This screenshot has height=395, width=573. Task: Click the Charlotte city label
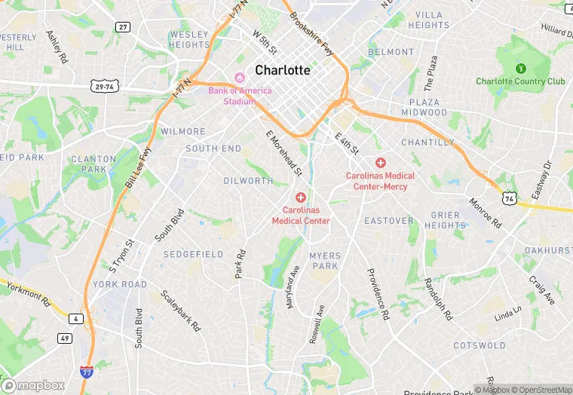pos(283,70)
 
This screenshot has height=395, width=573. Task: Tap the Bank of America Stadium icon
pos(240,77)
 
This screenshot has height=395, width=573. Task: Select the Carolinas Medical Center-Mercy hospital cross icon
pos(381,163)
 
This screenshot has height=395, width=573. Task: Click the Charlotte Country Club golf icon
pos(520,68)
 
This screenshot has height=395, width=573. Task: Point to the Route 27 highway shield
pos(123,27)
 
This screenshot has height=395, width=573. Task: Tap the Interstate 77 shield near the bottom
pos(87,372)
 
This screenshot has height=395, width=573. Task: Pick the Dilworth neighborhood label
pos(248,181)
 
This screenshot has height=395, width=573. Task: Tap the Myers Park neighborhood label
pos(325,261)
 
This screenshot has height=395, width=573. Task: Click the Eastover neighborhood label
pos(389,221)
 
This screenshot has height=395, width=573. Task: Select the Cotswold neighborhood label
pos(480,346)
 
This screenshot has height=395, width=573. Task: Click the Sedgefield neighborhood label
pos(193,254)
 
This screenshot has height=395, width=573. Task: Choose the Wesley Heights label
pos(188,39)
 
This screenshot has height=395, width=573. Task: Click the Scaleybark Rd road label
pos(180,311)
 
